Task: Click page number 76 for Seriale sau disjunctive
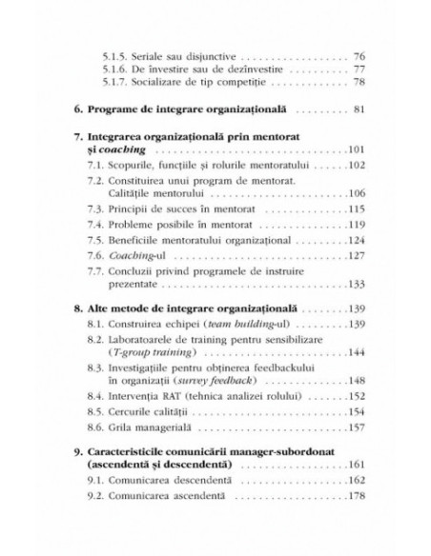point(359,55)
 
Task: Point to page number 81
point(359,110)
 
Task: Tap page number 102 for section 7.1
point(355,166)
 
